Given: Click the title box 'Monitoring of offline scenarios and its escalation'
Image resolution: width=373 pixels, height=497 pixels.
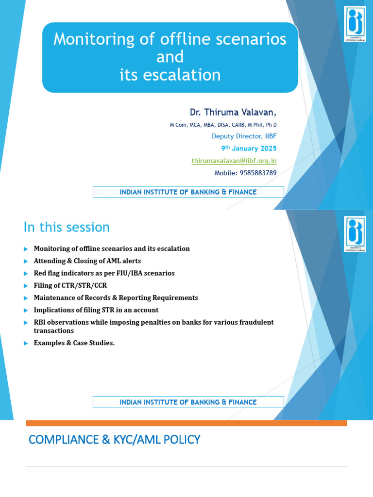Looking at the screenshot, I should (170, 57).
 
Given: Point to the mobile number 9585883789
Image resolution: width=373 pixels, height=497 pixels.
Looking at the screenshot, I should (246, 173).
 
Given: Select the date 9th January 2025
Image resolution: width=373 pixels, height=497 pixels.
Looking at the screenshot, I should (249, 149).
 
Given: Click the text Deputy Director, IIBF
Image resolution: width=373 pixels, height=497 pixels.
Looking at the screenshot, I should (244, 136).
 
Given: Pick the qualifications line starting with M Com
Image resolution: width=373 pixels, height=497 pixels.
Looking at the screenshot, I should (223, 125).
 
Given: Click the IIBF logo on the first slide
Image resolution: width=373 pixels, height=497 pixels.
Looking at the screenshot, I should (355, 24).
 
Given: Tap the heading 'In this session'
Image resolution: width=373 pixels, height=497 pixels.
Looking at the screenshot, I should (67, 227).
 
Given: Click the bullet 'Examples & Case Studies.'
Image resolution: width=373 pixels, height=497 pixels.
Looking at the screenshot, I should (74, 343).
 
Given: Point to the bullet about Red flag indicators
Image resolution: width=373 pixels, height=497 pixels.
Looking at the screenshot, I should (104, 273).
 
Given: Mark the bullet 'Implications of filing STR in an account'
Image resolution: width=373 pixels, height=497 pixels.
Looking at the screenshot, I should (96, 310).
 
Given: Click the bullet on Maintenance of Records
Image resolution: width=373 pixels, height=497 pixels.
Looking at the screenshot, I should (116, 298).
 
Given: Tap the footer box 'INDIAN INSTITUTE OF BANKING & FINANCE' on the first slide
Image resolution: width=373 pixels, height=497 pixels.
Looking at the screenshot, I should (188, 192).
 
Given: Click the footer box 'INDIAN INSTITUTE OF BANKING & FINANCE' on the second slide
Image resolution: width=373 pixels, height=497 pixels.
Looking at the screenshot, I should (188, 402).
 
